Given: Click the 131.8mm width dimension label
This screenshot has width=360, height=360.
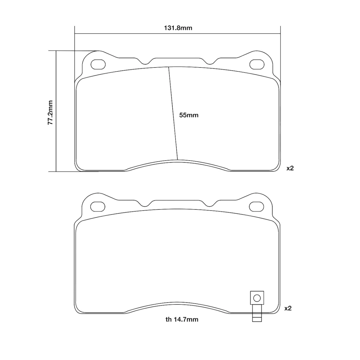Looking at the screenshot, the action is (x=178, y=28).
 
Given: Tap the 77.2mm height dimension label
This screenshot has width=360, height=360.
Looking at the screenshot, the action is (x=50, y=112).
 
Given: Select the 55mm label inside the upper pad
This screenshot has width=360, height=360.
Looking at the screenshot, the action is (x=189, y=115).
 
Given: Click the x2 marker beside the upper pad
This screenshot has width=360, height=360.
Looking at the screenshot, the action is (x=290, y=168).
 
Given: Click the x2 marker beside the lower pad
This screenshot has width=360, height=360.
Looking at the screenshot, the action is (x=288, y=308).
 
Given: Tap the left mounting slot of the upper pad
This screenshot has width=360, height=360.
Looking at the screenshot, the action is (x=98, y=64).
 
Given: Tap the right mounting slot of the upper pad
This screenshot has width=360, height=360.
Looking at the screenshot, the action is (x=257, y=64).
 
